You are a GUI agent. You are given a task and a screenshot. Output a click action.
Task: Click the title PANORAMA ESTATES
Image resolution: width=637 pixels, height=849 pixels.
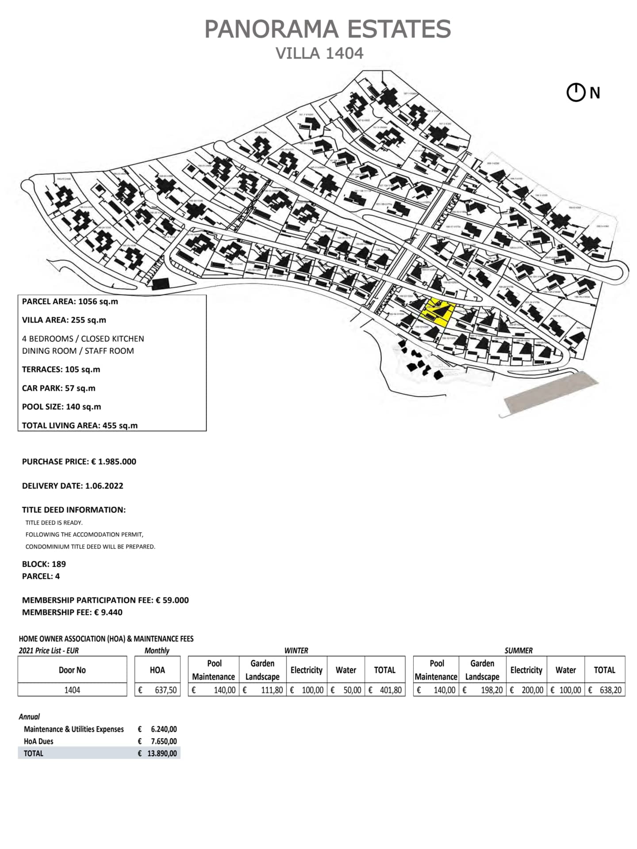click(x=327, y=29)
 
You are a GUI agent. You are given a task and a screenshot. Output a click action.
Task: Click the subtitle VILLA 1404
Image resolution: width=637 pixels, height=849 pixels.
click(x=319, y=54)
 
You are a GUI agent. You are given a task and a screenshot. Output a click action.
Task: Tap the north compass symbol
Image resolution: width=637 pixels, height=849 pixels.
click(x=576, y=93)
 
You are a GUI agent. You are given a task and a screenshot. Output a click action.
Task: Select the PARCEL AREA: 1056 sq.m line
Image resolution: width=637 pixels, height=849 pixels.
click(x=70, y=302)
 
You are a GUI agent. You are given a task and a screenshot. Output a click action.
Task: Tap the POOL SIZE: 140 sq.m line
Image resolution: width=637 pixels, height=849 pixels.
click(x=61, y=406)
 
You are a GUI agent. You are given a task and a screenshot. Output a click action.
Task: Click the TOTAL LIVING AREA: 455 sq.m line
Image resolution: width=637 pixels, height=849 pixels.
click(x=80, y=425)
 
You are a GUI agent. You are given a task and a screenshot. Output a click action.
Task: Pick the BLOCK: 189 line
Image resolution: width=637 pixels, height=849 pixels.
click(x=44, y=564)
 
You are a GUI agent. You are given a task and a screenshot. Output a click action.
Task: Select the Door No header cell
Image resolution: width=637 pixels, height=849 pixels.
click(x=72, y=670)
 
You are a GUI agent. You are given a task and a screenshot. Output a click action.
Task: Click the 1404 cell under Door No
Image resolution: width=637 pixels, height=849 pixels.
click(x=72, y=690)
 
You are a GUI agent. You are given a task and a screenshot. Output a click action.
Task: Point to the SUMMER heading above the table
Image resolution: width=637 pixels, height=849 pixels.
click(x=518, y=650)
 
